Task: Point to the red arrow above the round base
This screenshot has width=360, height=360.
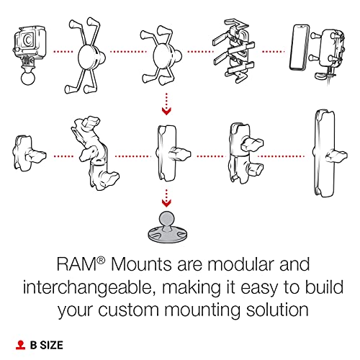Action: pos(166,195)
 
